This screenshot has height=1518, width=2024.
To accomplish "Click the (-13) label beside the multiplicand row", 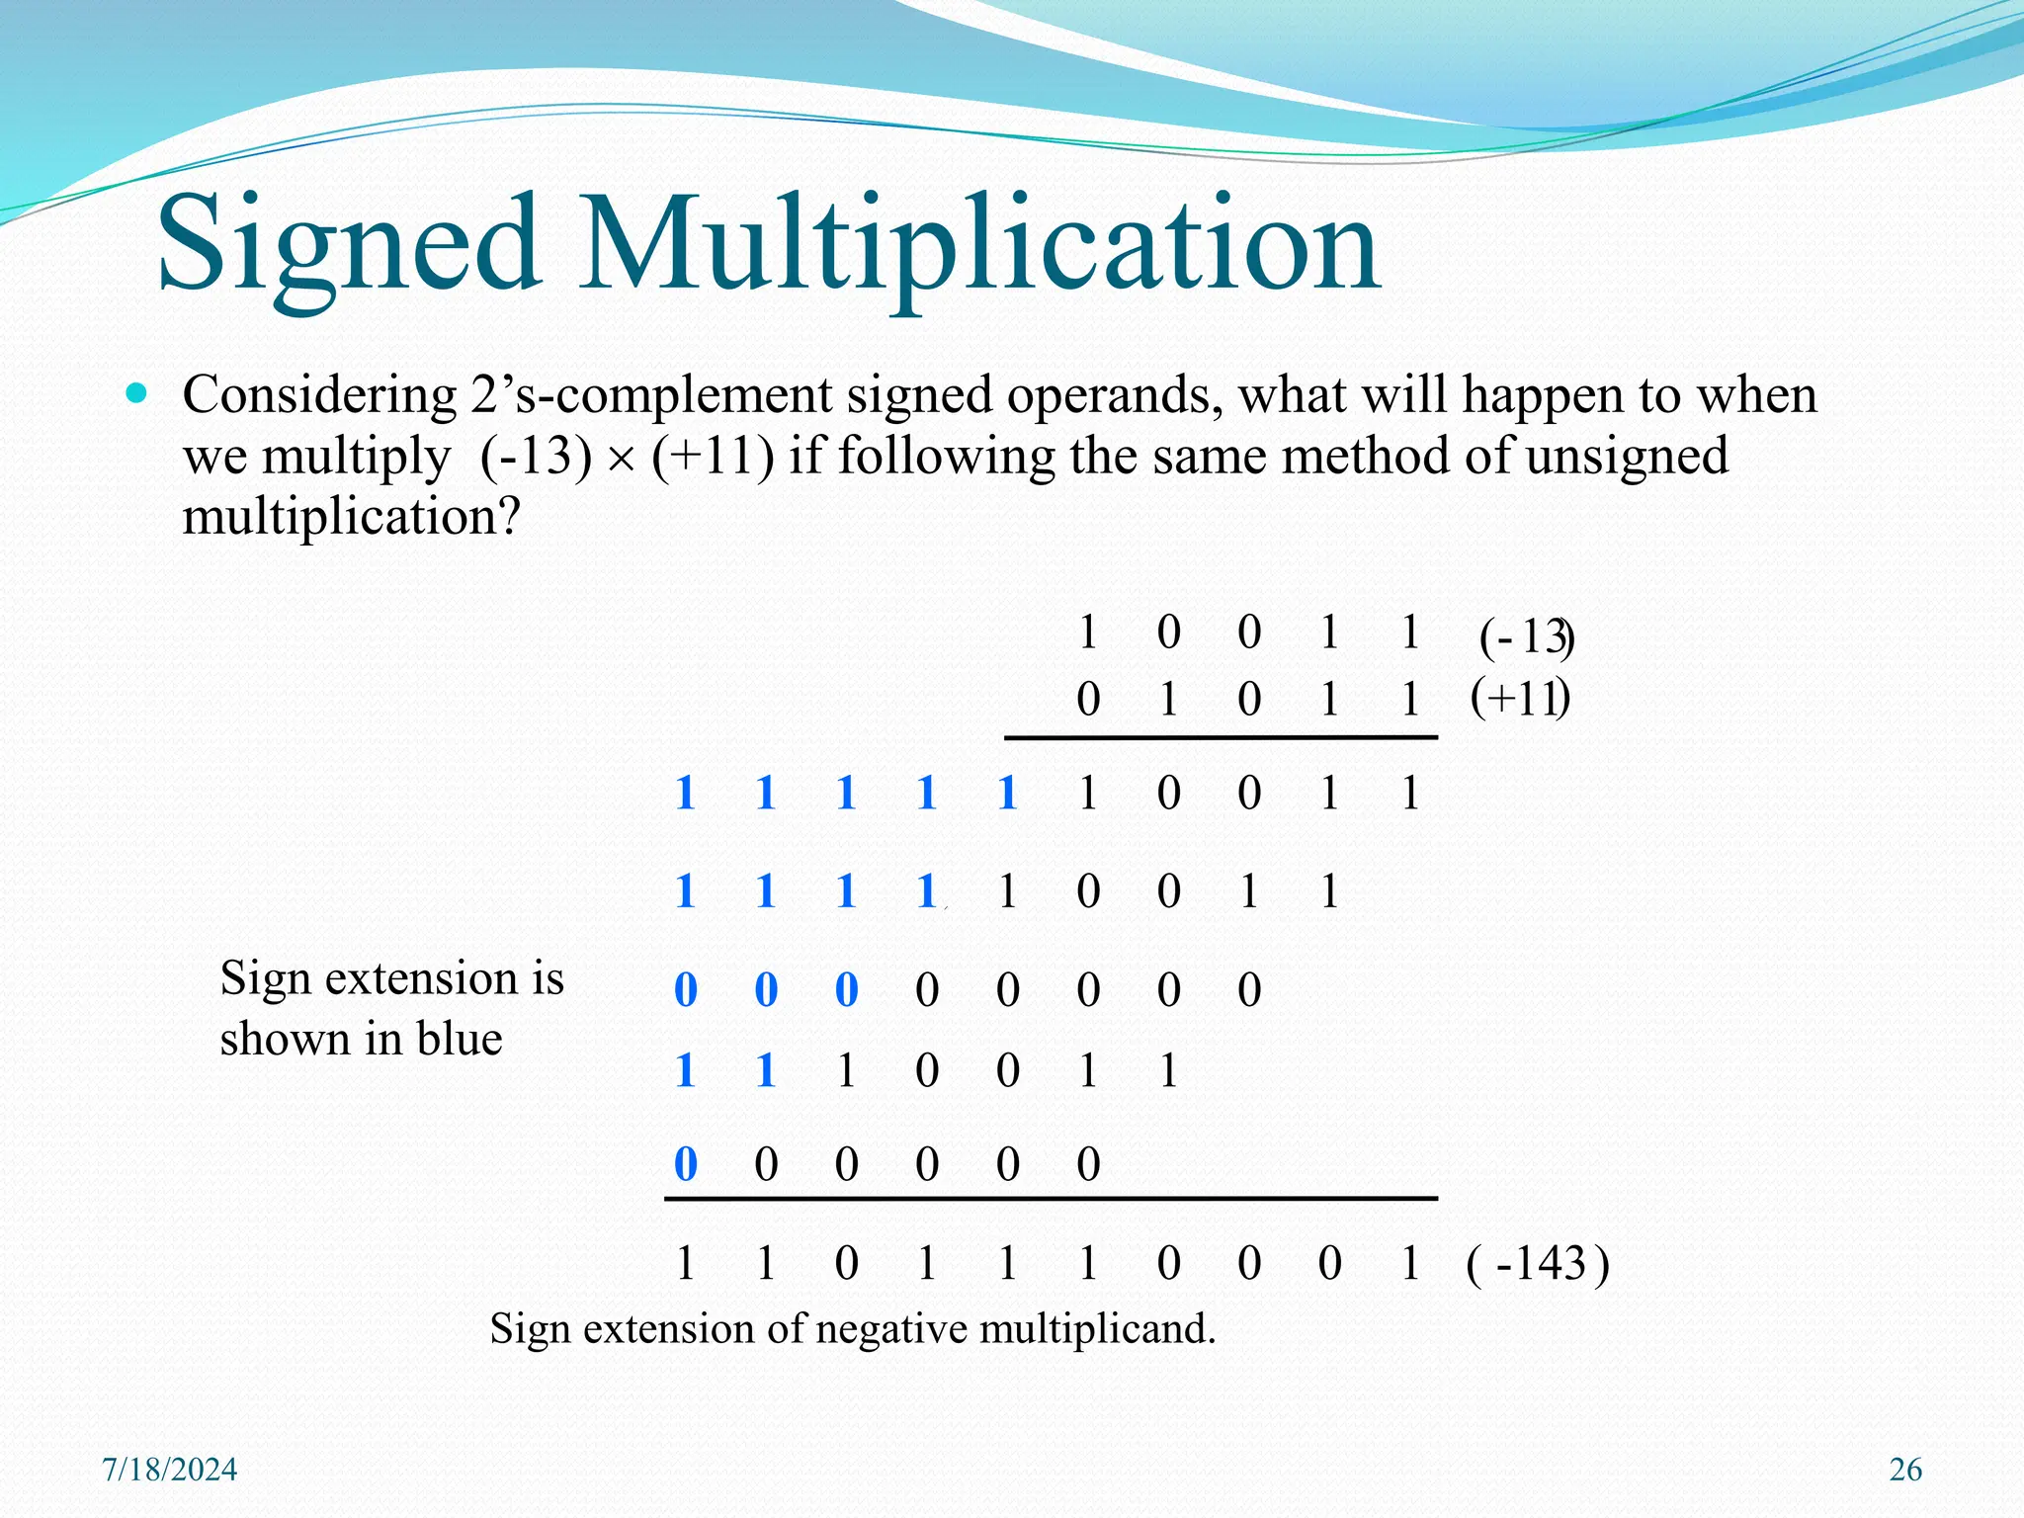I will click(1526, 636).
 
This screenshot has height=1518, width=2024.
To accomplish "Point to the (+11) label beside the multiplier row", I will click(1520, 699).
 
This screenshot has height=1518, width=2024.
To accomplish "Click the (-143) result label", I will click(1538, 1264).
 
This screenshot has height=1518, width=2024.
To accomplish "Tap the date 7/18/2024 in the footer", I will click(170, 1470).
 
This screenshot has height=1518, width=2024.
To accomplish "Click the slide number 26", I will click(1905, 1470).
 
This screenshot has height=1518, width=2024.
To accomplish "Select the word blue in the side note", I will click(460, 1039).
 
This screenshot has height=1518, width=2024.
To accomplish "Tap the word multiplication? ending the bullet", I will click(351, 517).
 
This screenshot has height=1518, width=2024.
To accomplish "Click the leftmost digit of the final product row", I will click(685, 1264).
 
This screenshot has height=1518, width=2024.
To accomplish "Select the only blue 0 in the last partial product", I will click(685, 1164).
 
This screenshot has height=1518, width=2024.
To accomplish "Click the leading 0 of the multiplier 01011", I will click(1088, 700).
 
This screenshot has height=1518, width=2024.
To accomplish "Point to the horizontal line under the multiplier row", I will click(1221, 737).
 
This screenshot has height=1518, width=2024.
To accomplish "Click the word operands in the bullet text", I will click(1117, 395).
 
